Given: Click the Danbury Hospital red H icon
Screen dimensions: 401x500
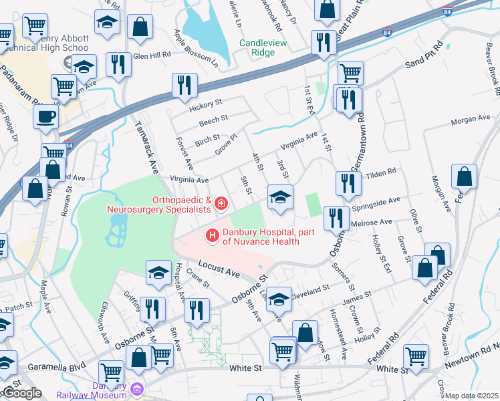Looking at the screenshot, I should [213, 235].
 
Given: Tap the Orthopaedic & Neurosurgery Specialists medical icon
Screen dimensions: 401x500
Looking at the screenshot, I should [220, 202].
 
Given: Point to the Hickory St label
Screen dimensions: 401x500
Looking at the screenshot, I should [205, 104].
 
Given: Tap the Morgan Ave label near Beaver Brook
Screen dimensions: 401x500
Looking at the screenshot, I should [471, 119].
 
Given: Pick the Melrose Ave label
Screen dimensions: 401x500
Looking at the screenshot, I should [376, 221].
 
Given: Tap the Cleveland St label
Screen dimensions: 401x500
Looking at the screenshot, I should [312, 289].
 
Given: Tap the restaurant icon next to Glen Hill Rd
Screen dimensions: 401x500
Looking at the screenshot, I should [118, 65].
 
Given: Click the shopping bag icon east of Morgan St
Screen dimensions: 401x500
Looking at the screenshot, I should [464, 177].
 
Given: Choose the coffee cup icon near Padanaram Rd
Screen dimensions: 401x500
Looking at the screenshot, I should [45, 116].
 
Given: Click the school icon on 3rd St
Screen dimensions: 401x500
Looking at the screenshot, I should [280, 196].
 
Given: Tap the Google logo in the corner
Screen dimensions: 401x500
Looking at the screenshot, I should [21, 392].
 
